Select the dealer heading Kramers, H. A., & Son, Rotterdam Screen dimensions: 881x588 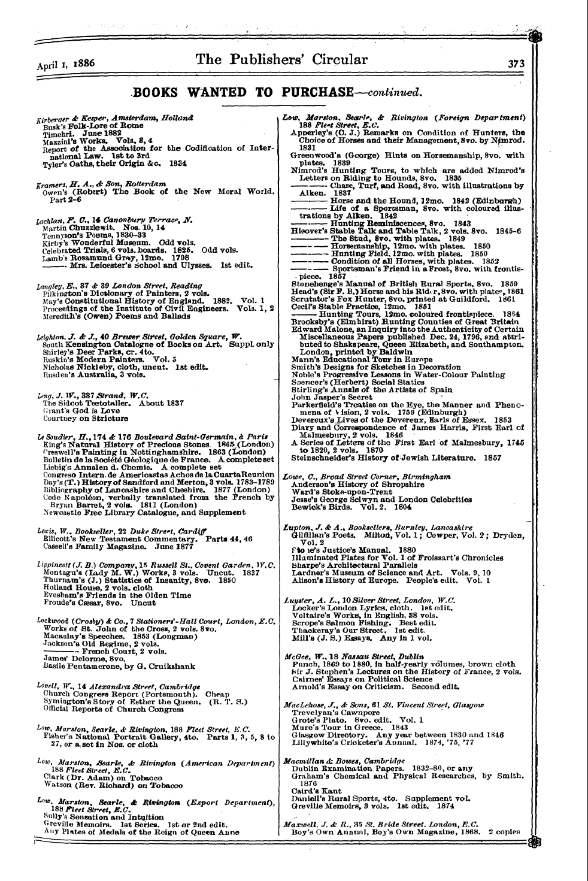point(107,183)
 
